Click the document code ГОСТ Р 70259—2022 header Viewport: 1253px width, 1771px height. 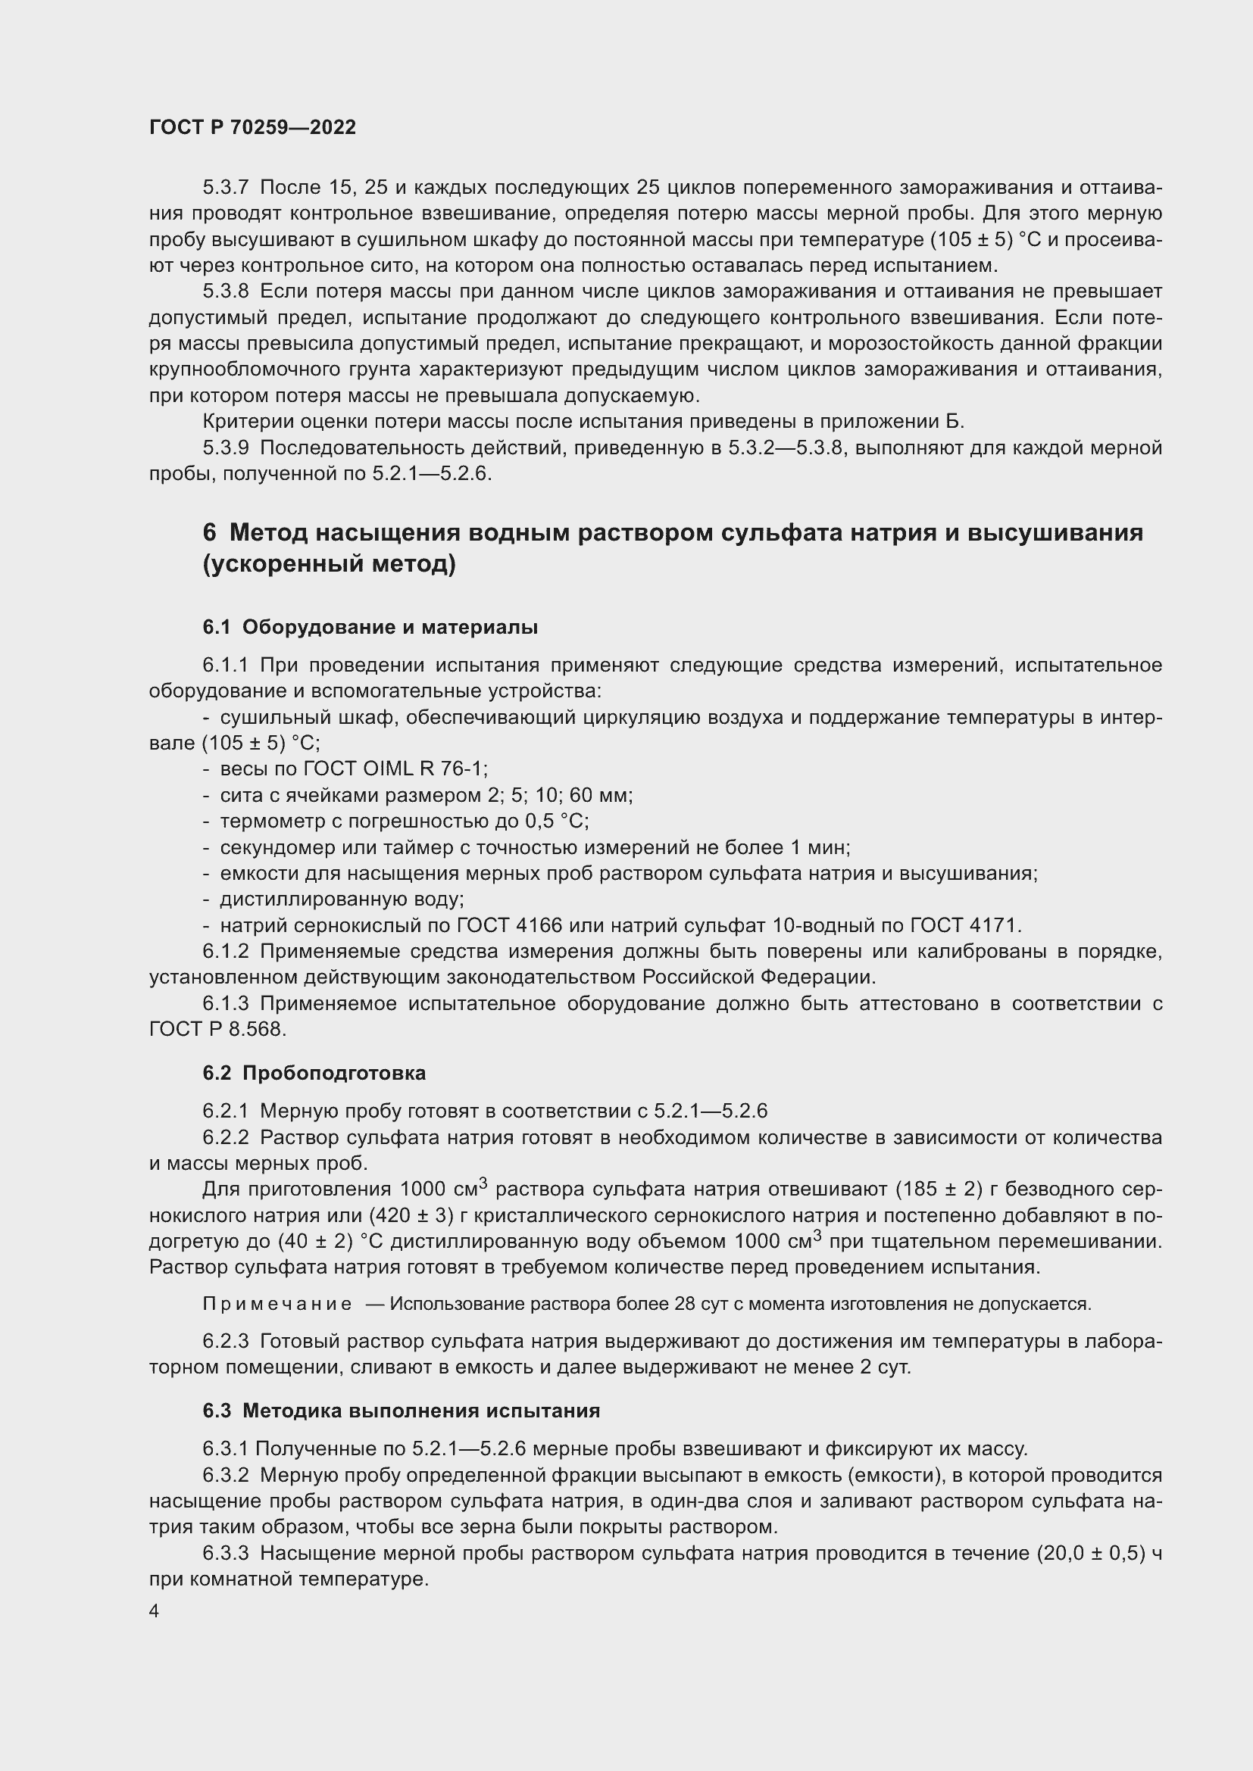click(252, 128)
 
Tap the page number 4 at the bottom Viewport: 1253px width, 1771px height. click(155, 1611)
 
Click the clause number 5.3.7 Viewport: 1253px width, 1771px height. click(225, 188)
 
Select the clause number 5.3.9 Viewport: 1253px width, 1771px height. click(225, 447)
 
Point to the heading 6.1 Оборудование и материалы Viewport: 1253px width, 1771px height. click(370, 627)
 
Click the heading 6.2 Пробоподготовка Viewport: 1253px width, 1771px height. click(314, 1073)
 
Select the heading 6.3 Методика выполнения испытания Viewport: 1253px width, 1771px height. click(402, 1411)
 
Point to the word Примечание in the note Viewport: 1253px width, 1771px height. click(277, 1305)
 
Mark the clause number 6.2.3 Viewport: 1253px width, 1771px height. click(225, 1342)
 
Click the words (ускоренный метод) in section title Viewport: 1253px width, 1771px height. click(330, 565)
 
